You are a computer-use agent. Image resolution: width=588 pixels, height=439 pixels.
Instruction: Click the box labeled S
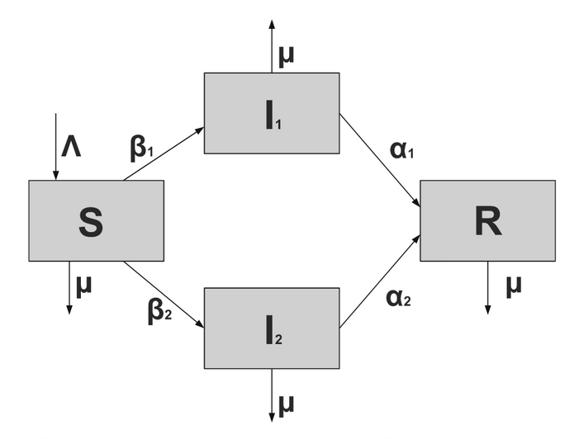click(x=96, y=220)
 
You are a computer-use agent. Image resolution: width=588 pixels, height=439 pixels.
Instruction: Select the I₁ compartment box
click(x=271, y=113)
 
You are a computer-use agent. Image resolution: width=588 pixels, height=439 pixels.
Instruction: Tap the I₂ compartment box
click(x=271, y=328)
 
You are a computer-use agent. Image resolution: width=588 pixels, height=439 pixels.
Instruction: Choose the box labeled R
click(x=487, y=220)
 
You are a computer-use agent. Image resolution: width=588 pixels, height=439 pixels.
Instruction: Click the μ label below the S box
click(x=84, y=285)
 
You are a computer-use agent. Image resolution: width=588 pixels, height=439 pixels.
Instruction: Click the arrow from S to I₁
click(x=164, y=154)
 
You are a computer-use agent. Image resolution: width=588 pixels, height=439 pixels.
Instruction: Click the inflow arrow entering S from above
click(x=55, y=146)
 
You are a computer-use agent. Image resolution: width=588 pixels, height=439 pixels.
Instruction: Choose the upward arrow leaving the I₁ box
click(x=272, y=45)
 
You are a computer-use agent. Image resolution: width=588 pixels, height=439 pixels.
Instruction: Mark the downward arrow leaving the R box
click(x=487, y=287)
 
